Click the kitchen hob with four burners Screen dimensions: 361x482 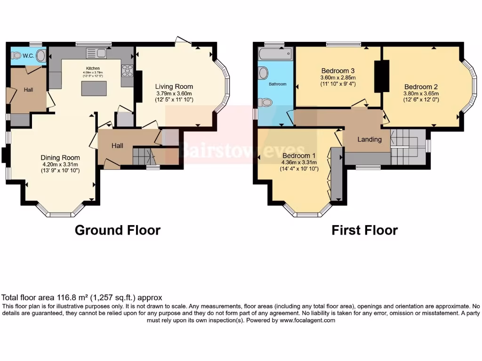(x=127, y=71)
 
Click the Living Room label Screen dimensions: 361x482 (x=174, y=86)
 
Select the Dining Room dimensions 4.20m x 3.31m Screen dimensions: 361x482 (x=60, y=165)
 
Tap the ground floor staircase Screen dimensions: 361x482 (x=142, y=156)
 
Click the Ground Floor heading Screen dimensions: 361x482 (x=118, y=230)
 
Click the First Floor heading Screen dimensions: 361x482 (x=364, y=230)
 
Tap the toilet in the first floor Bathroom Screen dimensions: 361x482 (x=266, y=102)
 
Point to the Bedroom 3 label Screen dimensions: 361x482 (x=338, y=71)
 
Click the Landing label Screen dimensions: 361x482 (x=369, y=140)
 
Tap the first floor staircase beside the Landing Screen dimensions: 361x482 (x=408, y=145)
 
